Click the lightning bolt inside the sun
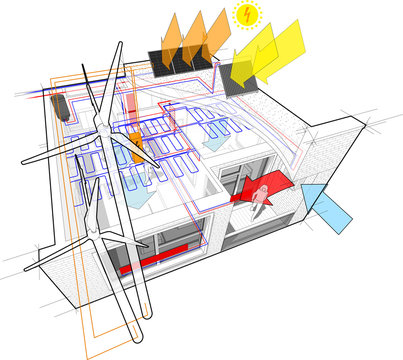(243, 16)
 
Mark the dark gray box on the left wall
(63, 107)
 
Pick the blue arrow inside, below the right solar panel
(214, 143)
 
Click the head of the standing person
(263, 187)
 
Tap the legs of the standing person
(262, 205)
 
